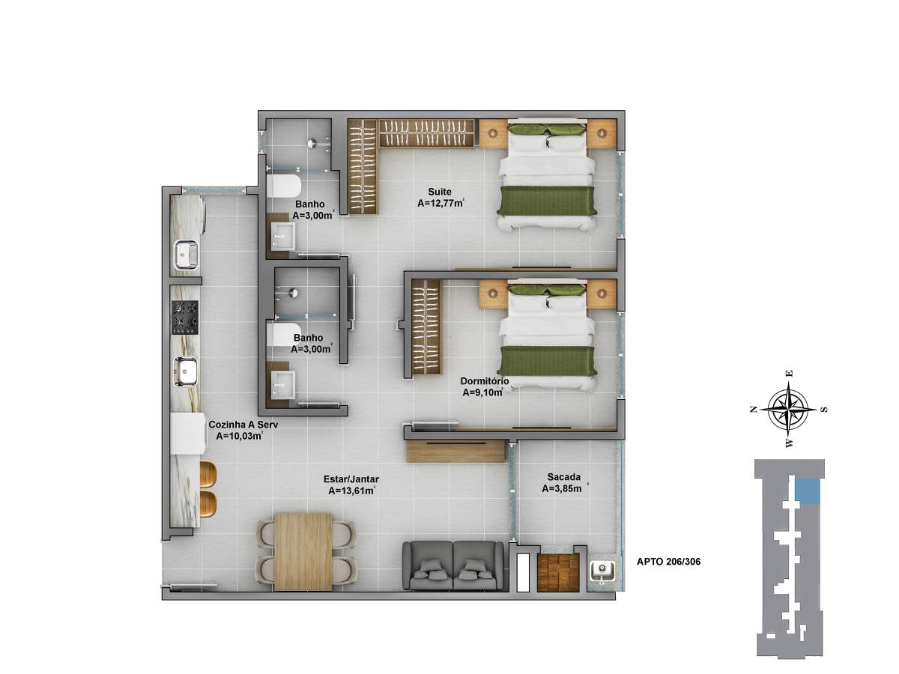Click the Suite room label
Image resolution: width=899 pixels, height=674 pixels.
tap(440, 192)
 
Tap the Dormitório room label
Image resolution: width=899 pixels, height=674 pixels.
tap(485, 381)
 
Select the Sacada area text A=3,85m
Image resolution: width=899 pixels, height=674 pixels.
tap(562, 488)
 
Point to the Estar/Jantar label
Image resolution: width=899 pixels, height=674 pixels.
tap(351, 479)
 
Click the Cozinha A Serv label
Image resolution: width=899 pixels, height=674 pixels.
tap(243, 425)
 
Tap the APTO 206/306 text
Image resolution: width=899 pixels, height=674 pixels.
tap(668, 562)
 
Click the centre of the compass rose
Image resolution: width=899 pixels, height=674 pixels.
tap(788, 408)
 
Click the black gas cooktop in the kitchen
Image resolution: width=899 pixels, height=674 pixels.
tap(186, 318)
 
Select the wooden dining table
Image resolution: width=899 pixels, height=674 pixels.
tap(303, 552)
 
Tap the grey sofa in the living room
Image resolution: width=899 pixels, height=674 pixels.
tap(452, 565)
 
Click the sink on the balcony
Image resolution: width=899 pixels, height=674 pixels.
tap(602, 571)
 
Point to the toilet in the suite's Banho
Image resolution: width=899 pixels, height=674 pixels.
tap(283, 186)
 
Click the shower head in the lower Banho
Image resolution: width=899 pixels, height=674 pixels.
tap(293, 292)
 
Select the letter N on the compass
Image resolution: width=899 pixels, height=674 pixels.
tap(753, 409)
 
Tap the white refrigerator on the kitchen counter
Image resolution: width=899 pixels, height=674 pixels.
tap(187, 434)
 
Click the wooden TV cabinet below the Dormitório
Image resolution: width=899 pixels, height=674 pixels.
tap(455, 452)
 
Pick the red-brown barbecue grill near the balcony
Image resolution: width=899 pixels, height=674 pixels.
tap(558, 572)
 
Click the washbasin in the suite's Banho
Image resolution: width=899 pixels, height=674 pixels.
tap(283, 236)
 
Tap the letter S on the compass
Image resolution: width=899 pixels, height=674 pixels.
tap(824, 409)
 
